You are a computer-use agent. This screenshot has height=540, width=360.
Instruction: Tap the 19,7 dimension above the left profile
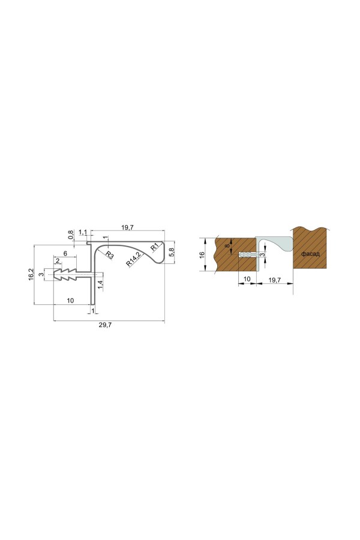(127, 227)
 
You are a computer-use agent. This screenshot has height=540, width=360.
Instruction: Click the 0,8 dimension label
(71, 234)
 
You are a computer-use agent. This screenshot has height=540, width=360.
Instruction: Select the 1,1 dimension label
(83, 232)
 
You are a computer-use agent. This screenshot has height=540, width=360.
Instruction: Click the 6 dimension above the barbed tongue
(65, 254)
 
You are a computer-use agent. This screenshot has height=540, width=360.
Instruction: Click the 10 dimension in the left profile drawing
(70, 301)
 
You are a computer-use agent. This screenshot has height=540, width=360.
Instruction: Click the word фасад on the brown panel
(310, 254)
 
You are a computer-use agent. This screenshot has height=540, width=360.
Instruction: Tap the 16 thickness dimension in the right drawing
(202, 254)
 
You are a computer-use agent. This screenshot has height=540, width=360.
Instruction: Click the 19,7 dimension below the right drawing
(275, 280)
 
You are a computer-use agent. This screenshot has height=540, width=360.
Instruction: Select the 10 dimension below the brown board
(246, 280)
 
